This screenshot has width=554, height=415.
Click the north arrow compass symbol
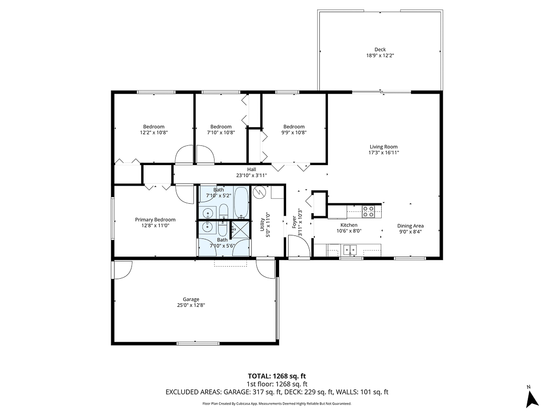[x=532, y=397]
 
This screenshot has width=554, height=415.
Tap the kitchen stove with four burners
[x=368, y=211]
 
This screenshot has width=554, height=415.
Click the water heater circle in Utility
[x=259, y=192]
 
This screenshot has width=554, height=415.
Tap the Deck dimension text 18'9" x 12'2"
[x=380, y=56]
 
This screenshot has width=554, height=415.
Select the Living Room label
[x=384, y=147]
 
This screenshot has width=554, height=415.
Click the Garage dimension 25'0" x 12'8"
[x=191, y=305]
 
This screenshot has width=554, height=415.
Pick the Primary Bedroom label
[x=155, y=219]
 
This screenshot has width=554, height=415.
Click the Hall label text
[x=251, y=170]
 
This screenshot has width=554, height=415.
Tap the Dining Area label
[x=411, y=226]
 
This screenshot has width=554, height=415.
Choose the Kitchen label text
[x=349, y=225]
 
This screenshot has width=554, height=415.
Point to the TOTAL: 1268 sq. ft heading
[x=277, y=376]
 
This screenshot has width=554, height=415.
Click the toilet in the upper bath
[x=224, y=211]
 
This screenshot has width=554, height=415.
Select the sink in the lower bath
[x=206, y=228]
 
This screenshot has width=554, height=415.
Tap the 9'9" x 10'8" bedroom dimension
[x=294, y=133]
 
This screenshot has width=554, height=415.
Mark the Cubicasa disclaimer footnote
[x=276, y=403]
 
